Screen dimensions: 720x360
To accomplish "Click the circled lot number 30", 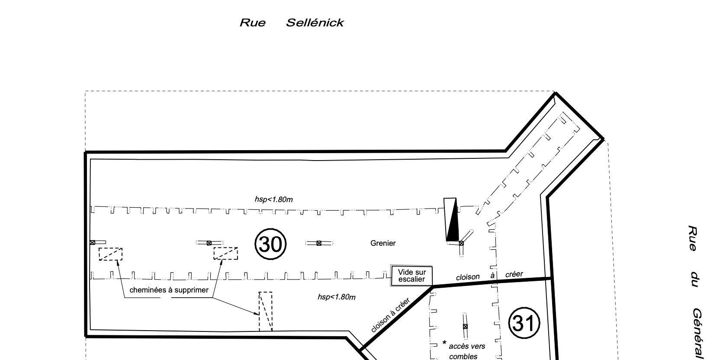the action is [x=270, y=244].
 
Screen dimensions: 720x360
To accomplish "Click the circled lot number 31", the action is [x=524, y=323].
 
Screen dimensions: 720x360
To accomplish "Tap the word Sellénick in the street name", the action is [x=315, y=23].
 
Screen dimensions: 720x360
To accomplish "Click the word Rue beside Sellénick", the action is [x=253, y=23].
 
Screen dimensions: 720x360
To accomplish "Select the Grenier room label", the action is [x=383, y=243].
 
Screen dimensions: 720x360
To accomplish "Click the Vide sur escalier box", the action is [x=412, y=276].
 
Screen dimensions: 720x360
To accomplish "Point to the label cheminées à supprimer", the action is [x=169, y=290].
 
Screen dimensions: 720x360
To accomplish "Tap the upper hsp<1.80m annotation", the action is [x=273, y=199].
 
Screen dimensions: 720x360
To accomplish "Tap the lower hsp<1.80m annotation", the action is [x=337, y=297].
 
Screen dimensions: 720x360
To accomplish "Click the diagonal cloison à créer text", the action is [x=390, y=315].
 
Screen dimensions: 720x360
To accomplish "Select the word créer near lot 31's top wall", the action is [x=514, y=274].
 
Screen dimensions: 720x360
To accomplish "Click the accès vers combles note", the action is [x=467, y=351].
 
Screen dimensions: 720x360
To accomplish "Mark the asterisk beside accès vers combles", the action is [x=444, y=343].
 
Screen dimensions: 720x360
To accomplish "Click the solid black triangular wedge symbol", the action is [x=452, y=220].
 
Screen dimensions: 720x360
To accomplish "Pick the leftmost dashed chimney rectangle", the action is [x=111, y=254].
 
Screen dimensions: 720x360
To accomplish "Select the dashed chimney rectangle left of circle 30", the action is [x=225, y=253].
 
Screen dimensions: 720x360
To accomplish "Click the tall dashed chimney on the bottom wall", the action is [x=266, y=311].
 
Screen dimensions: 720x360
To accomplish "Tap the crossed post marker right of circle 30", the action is [x=319, y=243].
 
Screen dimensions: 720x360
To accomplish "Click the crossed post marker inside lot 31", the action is [x=465, y=327].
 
